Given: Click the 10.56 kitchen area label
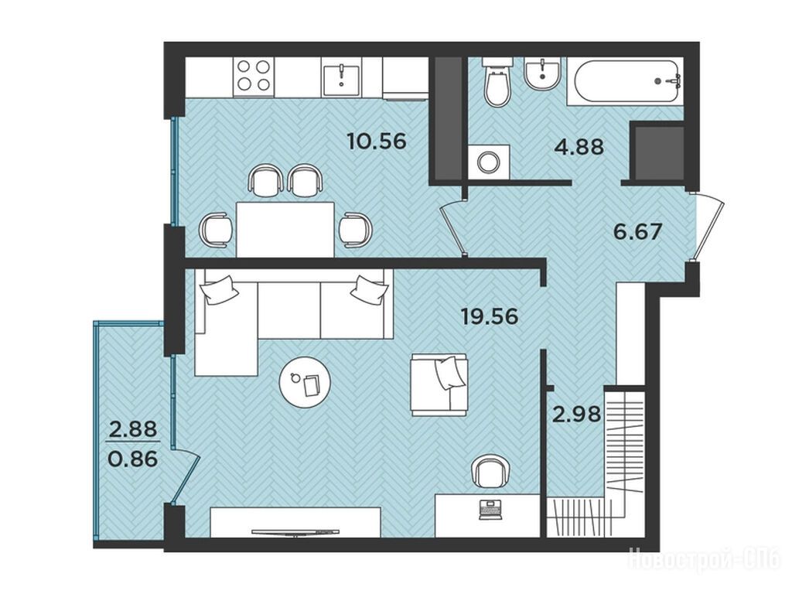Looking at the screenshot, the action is pos(377,141).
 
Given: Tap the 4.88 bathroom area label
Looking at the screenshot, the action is pos(579,146).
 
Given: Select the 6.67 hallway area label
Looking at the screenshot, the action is pos(637,232).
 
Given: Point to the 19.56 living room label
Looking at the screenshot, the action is pos(490,316).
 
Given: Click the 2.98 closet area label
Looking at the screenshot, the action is pos(576,415).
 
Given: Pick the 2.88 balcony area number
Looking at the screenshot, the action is pos(133,429).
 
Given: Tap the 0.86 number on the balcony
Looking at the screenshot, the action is pos(133,459).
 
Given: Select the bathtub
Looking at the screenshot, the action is pos(625,80).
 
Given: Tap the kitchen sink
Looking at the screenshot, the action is pos(341,78).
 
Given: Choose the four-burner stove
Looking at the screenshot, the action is pos(254,76).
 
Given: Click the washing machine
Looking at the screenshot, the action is pos(489,162).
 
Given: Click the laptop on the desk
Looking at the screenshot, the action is pos(490,509).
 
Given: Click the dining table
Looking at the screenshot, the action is pos(285,229).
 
